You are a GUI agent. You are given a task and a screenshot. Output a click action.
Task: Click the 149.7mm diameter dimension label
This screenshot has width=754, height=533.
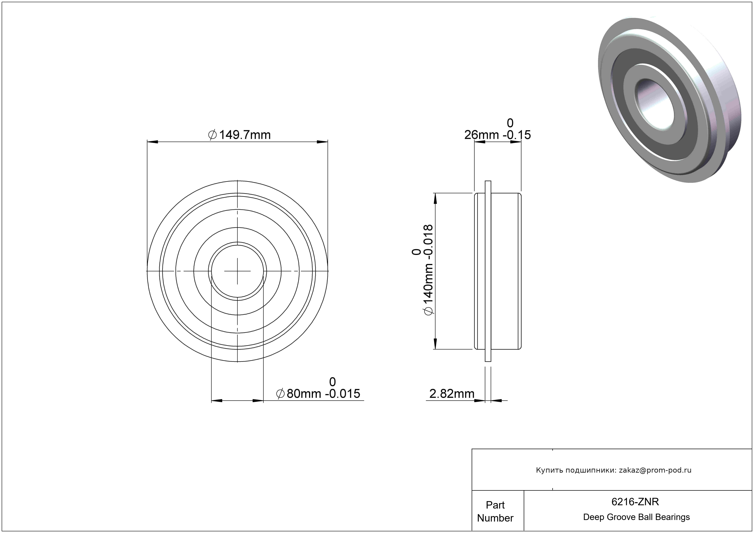239,135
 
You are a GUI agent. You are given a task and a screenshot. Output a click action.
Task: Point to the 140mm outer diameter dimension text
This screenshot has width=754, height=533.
423,270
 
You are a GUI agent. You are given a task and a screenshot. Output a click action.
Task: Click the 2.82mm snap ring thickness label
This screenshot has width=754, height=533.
452,394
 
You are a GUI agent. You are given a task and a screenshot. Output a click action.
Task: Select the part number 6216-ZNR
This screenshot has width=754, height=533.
635,501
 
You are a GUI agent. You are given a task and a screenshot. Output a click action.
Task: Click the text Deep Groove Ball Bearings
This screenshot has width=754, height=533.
636,517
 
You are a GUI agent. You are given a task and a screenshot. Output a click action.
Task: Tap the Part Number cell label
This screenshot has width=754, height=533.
495,511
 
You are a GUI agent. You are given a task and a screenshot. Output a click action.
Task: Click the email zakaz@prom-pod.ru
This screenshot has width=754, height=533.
655,470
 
